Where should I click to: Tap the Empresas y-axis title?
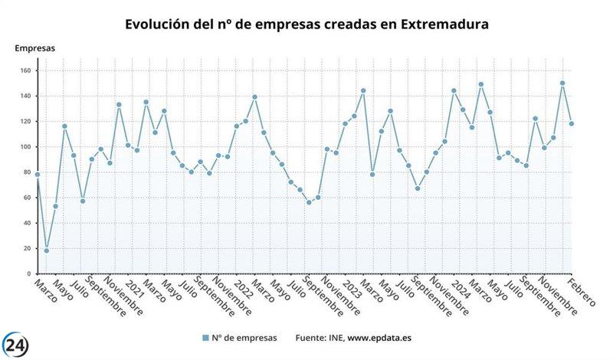tap(35, 48)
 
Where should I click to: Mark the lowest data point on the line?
tap(46, 250)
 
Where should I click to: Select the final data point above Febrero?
tap(572, 124)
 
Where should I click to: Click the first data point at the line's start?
tap(37, 175)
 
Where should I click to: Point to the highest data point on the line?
tap(562, 83)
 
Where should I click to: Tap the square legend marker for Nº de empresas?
tap(205, 338)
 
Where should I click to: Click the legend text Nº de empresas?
tap(245, 338)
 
